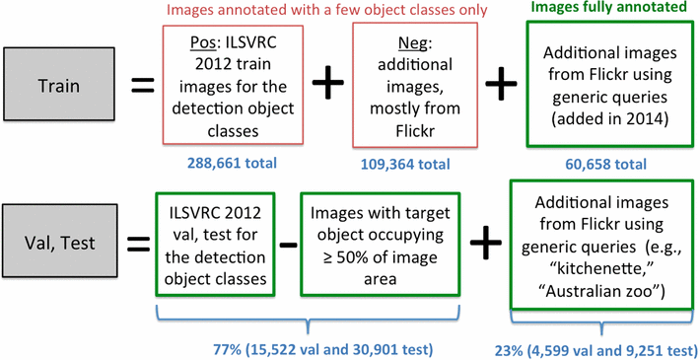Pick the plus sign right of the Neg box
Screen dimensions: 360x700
coord(502,84)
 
